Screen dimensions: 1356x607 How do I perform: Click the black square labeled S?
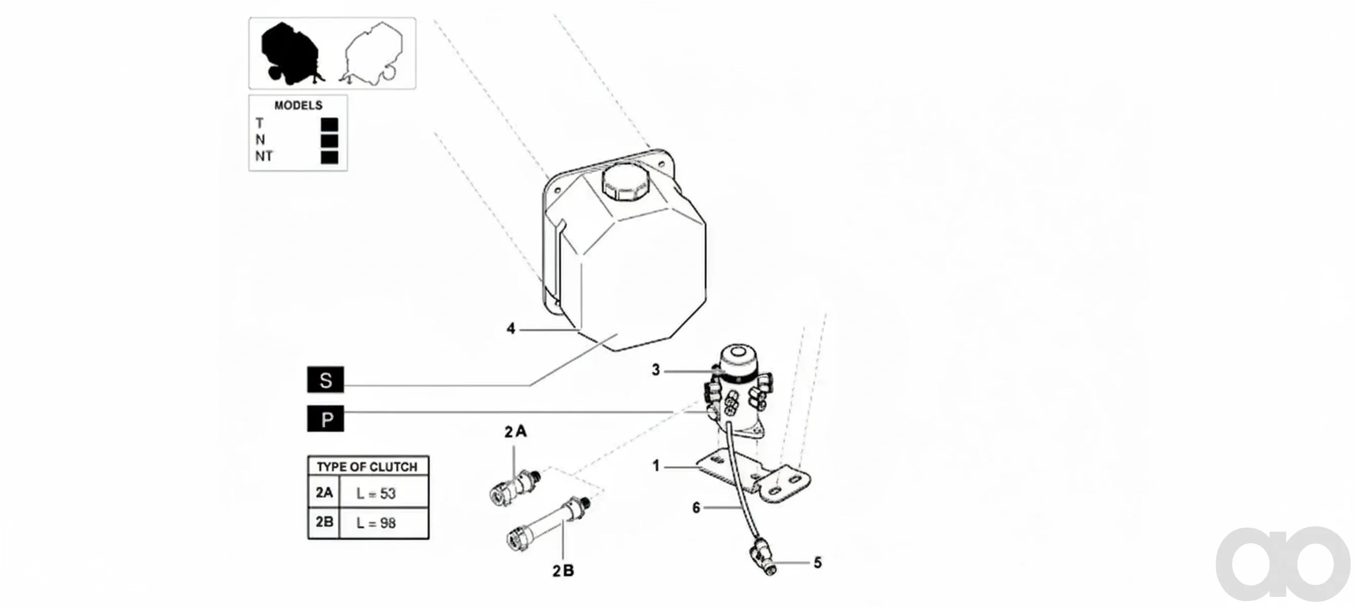tap(325, 379)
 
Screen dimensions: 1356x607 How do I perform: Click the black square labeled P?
tap(325, 418)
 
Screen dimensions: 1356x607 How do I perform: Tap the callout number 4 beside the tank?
tap(511, 328)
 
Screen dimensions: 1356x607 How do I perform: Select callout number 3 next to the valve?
tap(655, 370)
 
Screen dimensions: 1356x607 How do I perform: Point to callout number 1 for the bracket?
tap(656, 466)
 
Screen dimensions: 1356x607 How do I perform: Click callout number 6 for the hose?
tap(696, 507)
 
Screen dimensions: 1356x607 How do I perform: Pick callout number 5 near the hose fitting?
tap(818, 563)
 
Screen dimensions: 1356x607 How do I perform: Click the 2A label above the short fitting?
tap(515, 431)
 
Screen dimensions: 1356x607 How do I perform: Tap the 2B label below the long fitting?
tap(563, 571)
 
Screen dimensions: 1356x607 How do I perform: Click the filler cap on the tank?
tap(626, 182)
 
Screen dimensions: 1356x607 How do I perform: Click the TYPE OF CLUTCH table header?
tap(368, 466)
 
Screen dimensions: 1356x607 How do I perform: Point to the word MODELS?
tap(298, 105)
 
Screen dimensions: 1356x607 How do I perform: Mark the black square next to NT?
tap(330, 157)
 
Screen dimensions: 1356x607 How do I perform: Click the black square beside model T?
tap(330, 125)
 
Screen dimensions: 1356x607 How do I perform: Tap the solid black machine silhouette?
tap(291, 55)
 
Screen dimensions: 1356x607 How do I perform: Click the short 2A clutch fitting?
tap(514, 488)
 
